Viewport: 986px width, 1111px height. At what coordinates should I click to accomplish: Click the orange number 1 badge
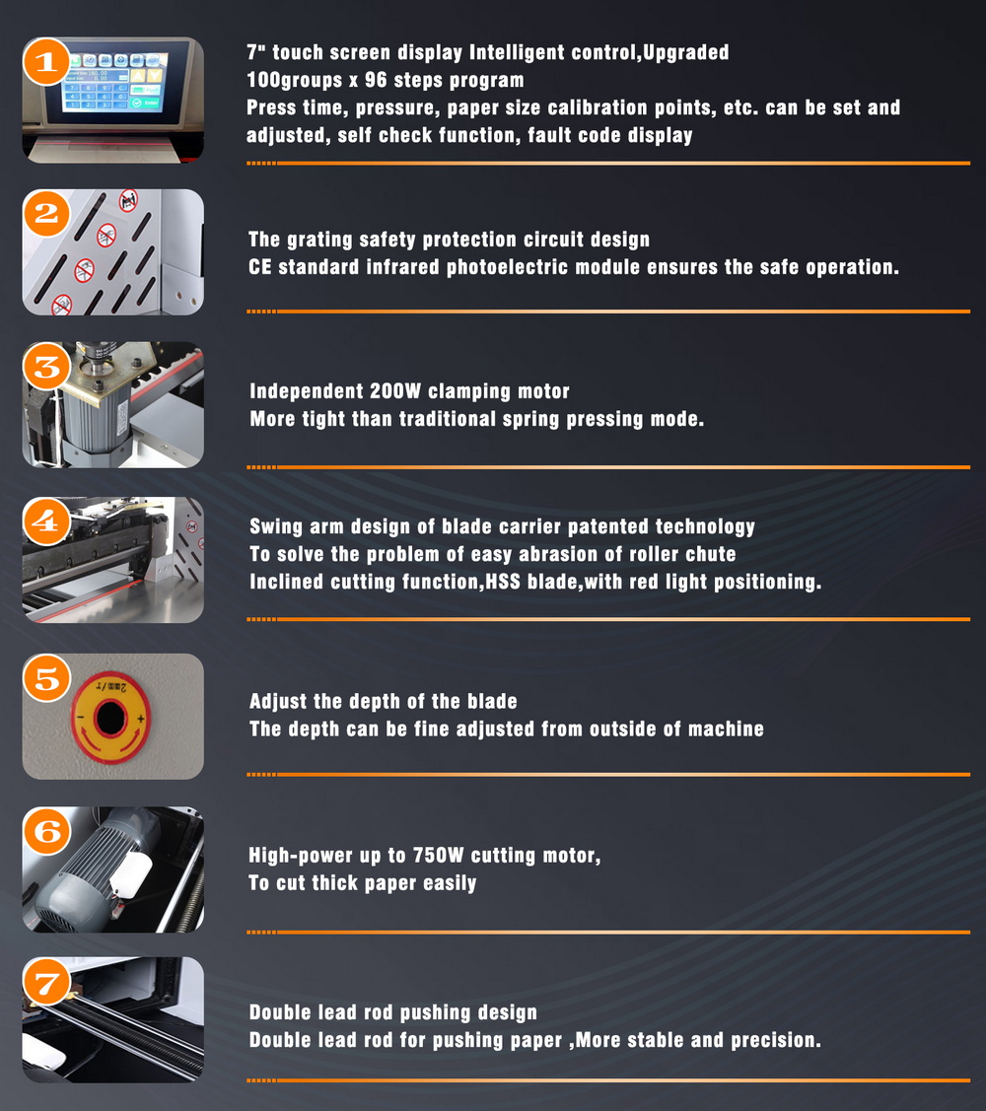(x=46, y=62)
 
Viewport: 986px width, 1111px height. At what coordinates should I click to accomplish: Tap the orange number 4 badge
(x=46, y=521)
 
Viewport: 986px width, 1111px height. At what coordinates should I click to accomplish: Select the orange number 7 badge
(x=46, y=983)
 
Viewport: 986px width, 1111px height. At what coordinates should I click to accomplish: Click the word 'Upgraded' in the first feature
(x=685, y=52)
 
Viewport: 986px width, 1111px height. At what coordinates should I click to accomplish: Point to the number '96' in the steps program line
(x=376, y=79)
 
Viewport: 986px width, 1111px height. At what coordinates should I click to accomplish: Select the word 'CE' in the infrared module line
(x=259, y=267)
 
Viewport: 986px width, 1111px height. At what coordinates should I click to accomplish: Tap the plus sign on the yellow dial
(x=140, y=720)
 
